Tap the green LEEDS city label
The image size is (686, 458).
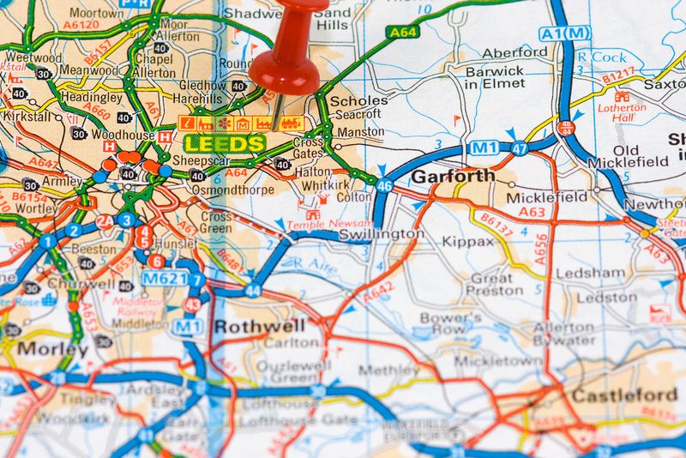pyautogui.click(x=225, y=143)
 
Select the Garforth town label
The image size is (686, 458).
pyautogui.click(x=453, y=176)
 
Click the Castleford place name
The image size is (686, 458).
pyautogui.click(x=623, y=395)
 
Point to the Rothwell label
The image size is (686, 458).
pyautogui.click(x=248, y=326)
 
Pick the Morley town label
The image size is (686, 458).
pyautogui.click(x=52, y=349)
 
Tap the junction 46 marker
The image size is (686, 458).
pyautogui.click(x=384, y=185)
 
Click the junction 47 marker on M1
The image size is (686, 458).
pyautogui.click(x=520, y=148)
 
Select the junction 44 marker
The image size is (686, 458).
pyautogui.click(x=252, y=291)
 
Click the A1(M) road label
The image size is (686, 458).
pyautogui.click(x=565, y=33)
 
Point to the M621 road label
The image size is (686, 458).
pyautogui.click(x=163, y=279)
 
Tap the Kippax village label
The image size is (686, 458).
pyautogui.click(x=468, y=242)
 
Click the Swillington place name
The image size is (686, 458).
pyautogui.click(x=381, y=233)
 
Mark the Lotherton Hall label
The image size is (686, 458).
pyautogui.click(x=623, y=112)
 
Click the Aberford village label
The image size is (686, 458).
pyautogui.click(x=514, y=51)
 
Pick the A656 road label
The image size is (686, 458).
pyautogui.click(x=540, y=248)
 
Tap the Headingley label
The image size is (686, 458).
pyautogui.click(x=91, y=99)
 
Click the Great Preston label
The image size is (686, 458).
pyautogui.click(x=490, y=284)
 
